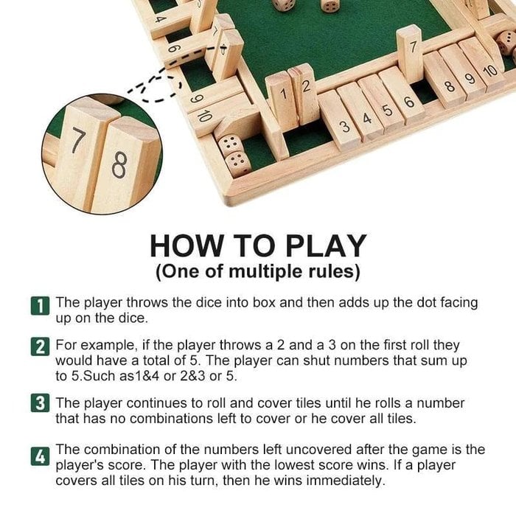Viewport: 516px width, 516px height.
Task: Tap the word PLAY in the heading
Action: (326, 245)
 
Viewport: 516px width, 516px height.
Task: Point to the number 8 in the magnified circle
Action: (118, 166)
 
